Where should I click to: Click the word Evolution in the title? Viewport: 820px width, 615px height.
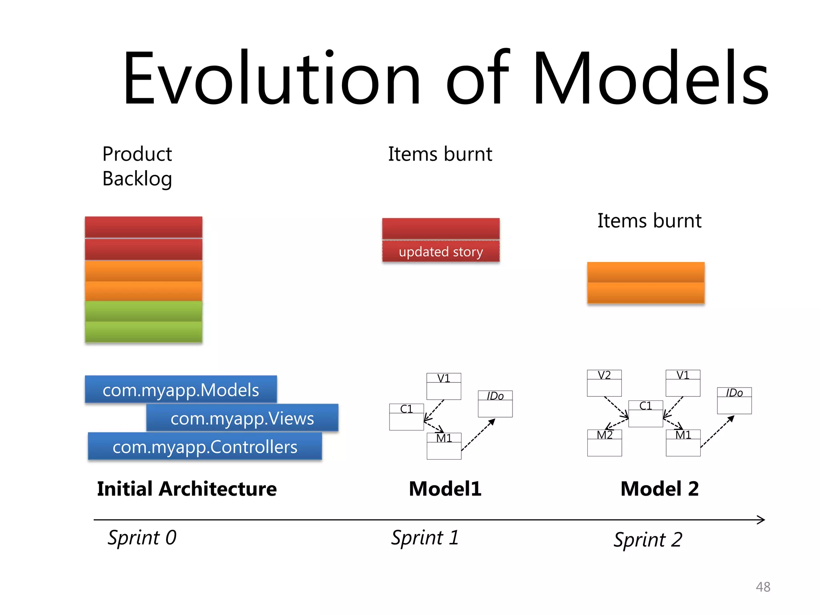271,78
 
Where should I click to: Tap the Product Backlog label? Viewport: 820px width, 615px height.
137,166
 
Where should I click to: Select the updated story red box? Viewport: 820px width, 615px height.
441,251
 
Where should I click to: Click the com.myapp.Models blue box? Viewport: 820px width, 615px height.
181,390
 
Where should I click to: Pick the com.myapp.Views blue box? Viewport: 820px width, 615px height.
242,418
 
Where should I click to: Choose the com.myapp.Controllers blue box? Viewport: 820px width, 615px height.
205,446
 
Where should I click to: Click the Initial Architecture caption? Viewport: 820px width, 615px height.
187,489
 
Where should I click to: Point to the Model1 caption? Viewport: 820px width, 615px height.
445,489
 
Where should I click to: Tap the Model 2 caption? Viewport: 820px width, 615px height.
659,489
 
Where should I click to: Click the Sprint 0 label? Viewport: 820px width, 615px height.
142,537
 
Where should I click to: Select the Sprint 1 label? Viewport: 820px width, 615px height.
424,537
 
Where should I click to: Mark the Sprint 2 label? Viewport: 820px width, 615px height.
647,539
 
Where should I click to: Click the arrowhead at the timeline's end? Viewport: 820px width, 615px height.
761,520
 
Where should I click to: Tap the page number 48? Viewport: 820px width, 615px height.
763,587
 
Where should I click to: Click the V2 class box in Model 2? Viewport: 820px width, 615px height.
604,383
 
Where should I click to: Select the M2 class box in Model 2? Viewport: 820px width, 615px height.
604,443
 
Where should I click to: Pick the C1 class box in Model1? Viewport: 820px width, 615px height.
406,417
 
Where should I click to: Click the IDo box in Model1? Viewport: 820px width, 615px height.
495,404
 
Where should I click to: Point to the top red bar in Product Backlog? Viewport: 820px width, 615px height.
143,227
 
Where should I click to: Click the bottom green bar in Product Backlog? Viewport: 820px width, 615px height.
143,332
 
